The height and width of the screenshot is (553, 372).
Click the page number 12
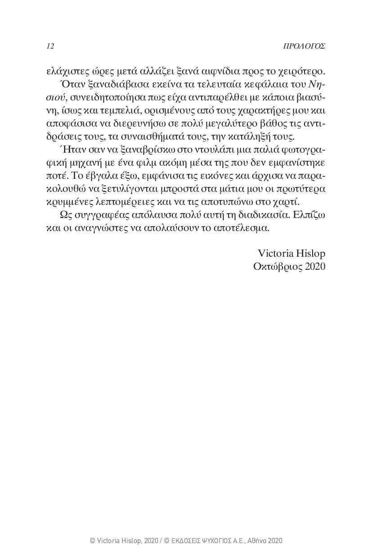coord(50,46)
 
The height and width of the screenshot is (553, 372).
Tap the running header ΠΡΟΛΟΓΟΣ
coord(304,46)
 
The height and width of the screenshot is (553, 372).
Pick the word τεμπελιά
coord(101,110)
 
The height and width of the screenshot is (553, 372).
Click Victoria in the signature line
coord(274,253)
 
